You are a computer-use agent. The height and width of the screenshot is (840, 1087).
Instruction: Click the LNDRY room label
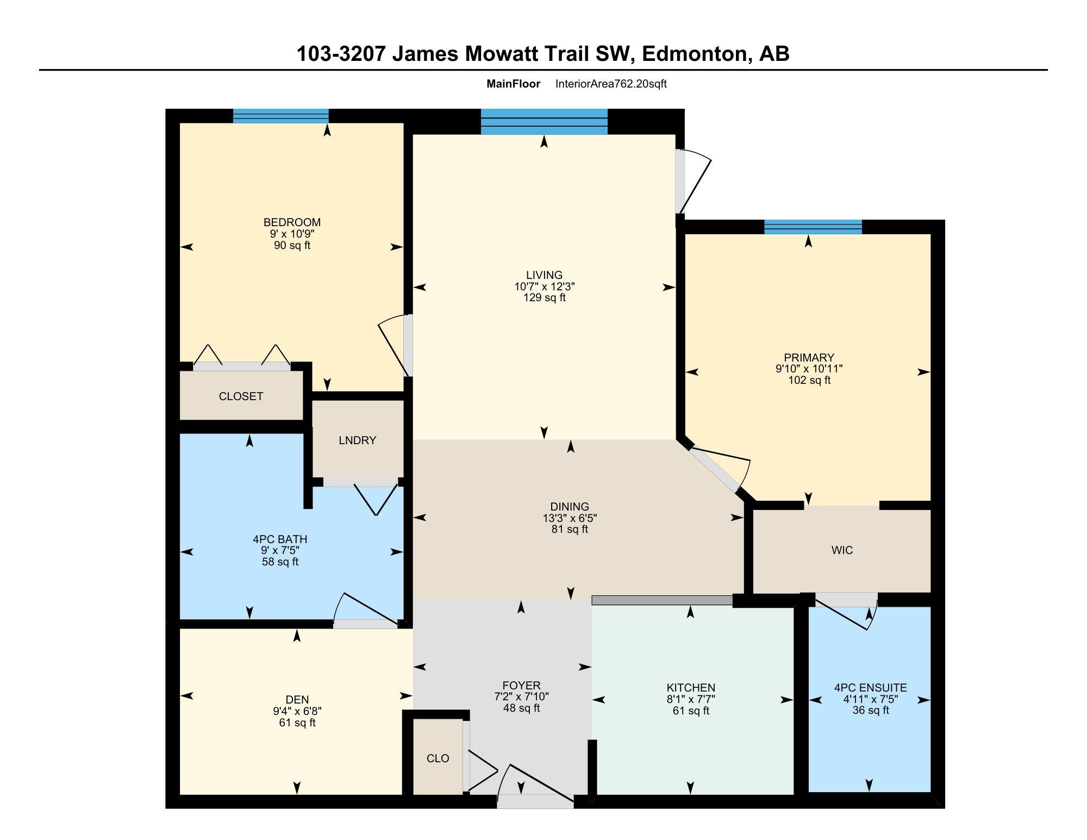(357, 440)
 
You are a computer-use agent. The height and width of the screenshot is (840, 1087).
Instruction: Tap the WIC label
(842, 550)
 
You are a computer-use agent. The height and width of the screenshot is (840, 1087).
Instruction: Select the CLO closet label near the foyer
(438, 758)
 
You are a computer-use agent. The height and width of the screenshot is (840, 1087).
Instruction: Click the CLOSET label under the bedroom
(241, 396)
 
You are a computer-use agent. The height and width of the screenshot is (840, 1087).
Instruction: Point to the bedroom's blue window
(280, 116)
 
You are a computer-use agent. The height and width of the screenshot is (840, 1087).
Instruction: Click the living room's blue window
(544, 122)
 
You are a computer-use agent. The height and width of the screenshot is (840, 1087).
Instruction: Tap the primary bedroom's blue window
(813, 227)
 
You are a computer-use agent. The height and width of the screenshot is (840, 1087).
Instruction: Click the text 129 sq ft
(544, 298)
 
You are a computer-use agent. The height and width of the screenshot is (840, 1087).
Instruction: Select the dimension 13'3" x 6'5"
(570, 518)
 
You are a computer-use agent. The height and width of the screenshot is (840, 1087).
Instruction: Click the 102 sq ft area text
(809, 380)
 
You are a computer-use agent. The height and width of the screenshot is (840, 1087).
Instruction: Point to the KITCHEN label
(691, 688)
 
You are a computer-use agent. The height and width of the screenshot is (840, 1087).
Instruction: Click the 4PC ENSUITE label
(870, 688)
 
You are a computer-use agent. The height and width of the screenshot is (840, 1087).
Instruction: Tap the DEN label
(297, 700)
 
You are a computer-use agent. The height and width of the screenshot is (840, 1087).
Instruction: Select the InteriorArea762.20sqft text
(611, 84)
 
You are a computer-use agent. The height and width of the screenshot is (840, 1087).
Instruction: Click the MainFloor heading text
(513, 84)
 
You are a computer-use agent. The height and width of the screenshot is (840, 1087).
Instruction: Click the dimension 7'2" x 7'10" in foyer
(521, 697)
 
